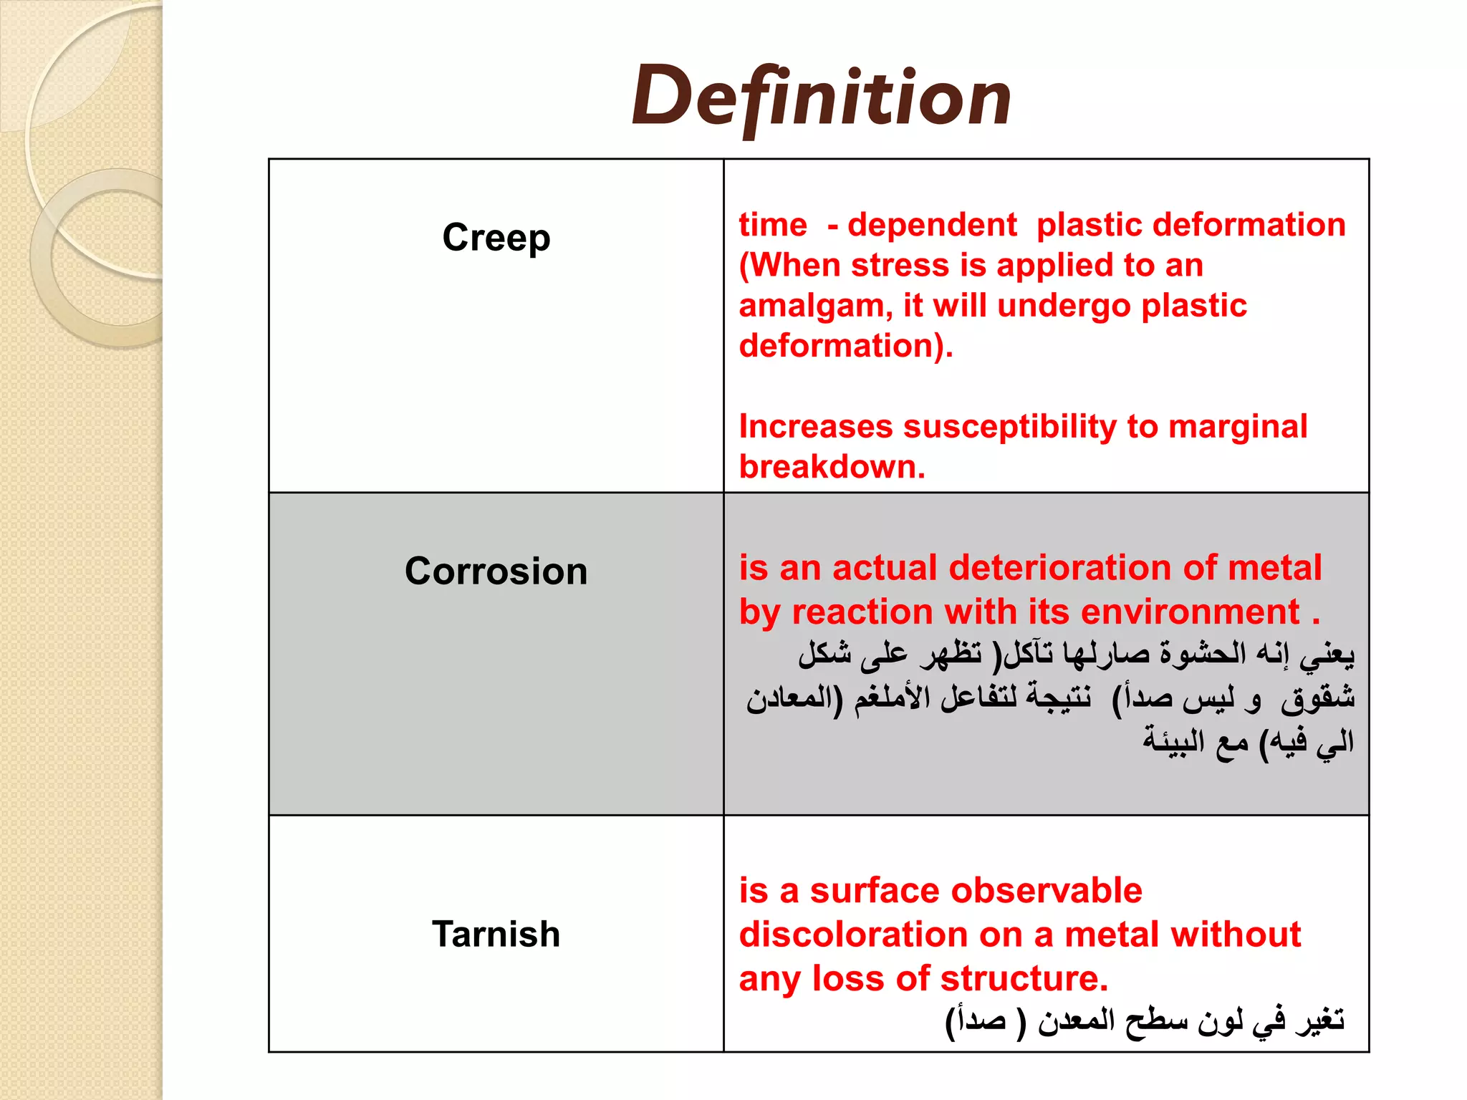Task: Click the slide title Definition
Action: (x=821, y=97)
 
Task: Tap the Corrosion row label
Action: (x=496, y=571)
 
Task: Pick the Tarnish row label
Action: (x=496, y=934)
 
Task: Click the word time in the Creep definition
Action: (x=772, y=225)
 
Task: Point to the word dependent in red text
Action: (x=931, y=225)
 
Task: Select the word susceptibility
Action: (x=1009, y=427)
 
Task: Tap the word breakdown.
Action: (x=831, y=467)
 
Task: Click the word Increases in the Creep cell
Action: (x=815, y=427)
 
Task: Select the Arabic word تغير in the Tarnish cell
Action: (x=1319, y=1020)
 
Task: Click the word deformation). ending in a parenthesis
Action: (x=845, y=346)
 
